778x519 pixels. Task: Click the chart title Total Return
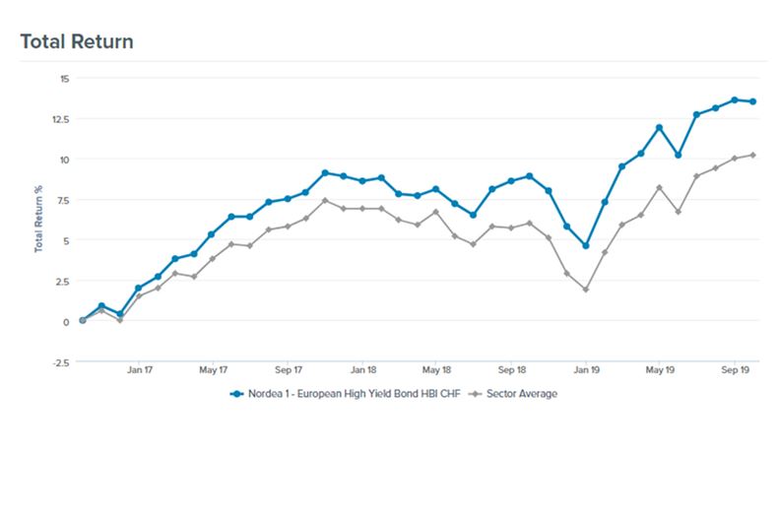click(76, 41)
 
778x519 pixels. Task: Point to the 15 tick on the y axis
click(63, 78)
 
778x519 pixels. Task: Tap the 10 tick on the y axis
click(63, 159)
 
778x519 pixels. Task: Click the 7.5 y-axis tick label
click(61, 200)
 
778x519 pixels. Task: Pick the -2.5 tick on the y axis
click(60, 361)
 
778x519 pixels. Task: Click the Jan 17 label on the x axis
click(139, 371)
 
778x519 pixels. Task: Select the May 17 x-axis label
click(214, 371)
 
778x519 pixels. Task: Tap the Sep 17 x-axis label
click(288, 371)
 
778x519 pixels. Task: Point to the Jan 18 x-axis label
click(362, 371)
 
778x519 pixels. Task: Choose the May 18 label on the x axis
click(436, 371)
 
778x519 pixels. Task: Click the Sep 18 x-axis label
click(511, 371)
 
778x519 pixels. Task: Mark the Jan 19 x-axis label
click(586, 371)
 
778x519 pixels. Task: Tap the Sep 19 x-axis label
click(735, 371)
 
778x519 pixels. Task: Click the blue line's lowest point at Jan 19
click(586, 246)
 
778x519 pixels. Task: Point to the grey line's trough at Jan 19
click(586, 290)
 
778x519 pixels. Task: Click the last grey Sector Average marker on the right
click(752, 155)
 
